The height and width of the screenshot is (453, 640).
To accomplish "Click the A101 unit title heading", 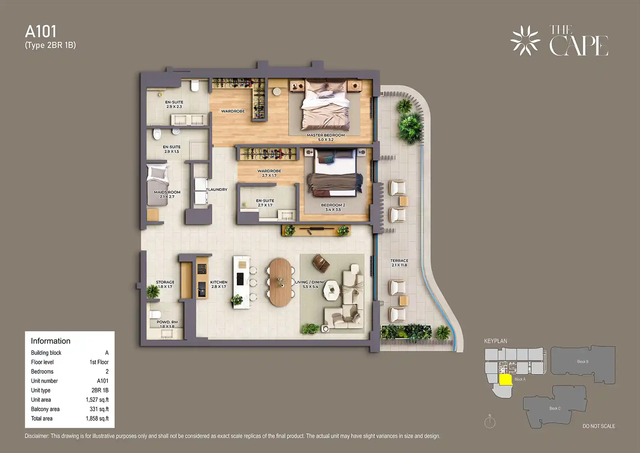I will (41, 32).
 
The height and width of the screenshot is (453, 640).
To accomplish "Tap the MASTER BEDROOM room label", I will (326, 137).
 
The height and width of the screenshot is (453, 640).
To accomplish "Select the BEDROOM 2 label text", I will (333, 207).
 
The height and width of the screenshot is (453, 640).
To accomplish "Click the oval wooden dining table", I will (280, 282).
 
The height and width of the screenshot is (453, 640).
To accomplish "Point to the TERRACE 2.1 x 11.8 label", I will (399, 263).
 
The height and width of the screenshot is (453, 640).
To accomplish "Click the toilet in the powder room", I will (155, 315).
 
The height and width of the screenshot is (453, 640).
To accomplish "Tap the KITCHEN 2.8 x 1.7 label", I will (219, 284).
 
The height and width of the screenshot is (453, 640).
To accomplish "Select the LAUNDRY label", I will (218, 190).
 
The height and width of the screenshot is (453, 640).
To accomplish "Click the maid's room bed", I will (158, 184).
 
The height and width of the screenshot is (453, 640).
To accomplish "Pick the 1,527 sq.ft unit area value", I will (97, 400).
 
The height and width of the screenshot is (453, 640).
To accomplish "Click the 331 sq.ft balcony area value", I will (99, 409).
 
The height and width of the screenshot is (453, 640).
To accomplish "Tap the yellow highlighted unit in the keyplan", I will (505, 380).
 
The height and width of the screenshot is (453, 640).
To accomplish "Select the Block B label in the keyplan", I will (582, 362).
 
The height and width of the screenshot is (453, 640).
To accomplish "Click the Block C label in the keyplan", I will (555, 409).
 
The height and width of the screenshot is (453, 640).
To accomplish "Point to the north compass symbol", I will (490, 422).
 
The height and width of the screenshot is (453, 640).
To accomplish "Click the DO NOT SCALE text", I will (599, 426).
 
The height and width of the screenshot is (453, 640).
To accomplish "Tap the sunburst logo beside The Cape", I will (525, 41).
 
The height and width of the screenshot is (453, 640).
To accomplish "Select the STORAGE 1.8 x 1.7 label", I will (165, 284).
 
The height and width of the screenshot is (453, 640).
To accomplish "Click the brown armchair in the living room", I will (321, 263).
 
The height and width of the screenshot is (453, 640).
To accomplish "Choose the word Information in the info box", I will (50, 341).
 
